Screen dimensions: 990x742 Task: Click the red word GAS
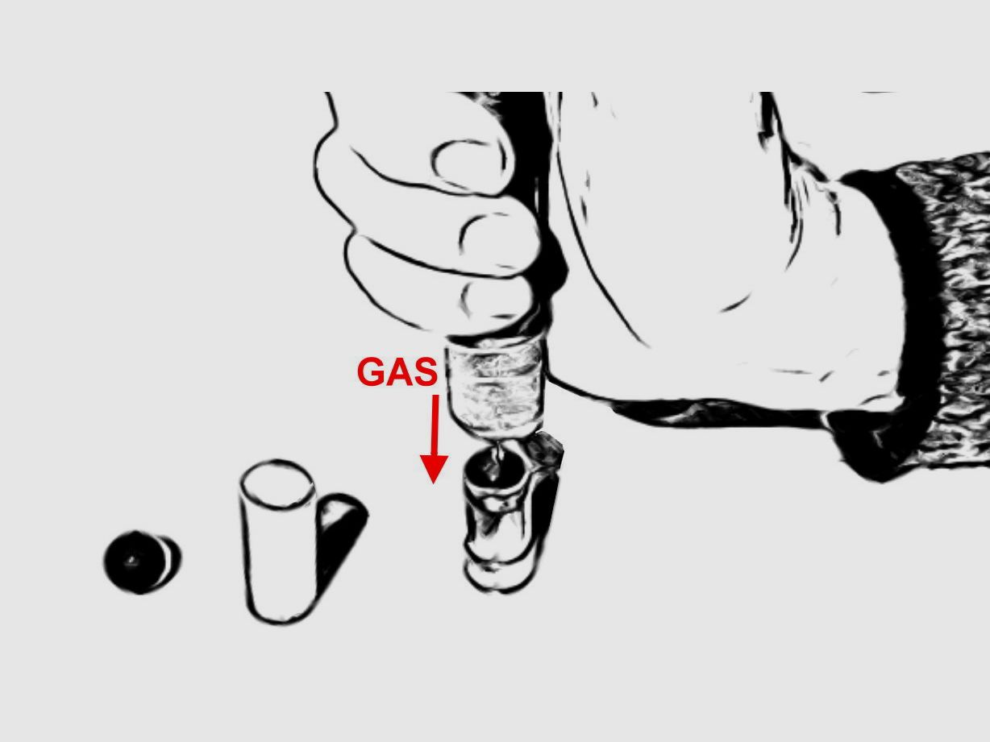click(x=397, y=371)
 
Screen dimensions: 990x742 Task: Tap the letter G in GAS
click(x=370, y=371)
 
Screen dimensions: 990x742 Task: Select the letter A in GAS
click(x=397, y=371)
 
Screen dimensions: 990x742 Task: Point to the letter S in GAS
click(x=425, y=371)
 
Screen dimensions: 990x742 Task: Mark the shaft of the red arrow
click(x=435, y=425)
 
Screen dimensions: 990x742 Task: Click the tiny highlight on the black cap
click(x=131, y=560)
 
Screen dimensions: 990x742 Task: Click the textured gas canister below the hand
click(x=496, y=388)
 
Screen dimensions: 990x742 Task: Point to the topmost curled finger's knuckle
click(x=469, y=162)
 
